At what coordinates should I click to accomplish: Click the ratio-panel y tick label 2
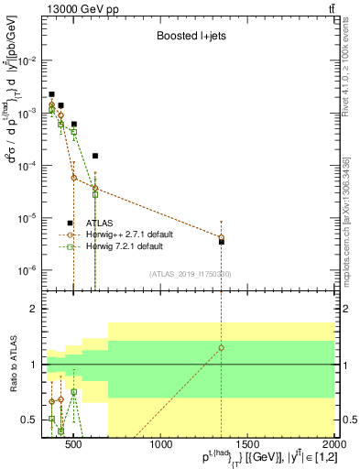point(31,309)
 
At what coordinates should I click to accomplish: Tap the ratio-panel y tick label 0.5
point(27,420)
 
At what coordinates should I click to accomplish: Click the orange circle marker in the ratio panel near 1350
point(221,348)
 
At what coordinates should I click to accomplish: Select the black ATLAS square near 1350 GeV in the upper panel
point(222,242)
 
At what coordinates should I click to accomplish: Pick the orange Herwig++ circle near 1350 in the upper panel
point(221,237)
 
